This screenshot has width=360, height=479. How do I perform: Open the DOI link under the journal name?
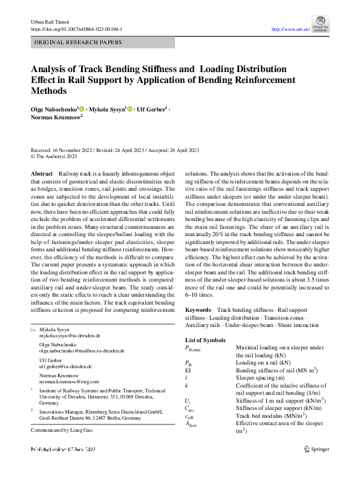click(x=76, y=28)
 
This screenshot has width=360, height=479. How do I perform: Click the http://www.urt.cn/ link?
click(x=291, y=29)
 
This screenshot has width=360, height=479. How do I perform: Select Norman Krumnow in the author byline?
click(x=54, y=118)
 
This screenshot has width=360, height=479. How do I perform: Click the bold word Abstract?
click(x=41, y=174)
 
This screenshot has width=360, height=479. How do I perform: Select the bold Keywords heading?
click(x=198, y=309)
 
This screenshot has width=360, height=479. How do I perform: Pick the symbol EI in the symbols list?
click(x=188, y=370)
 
